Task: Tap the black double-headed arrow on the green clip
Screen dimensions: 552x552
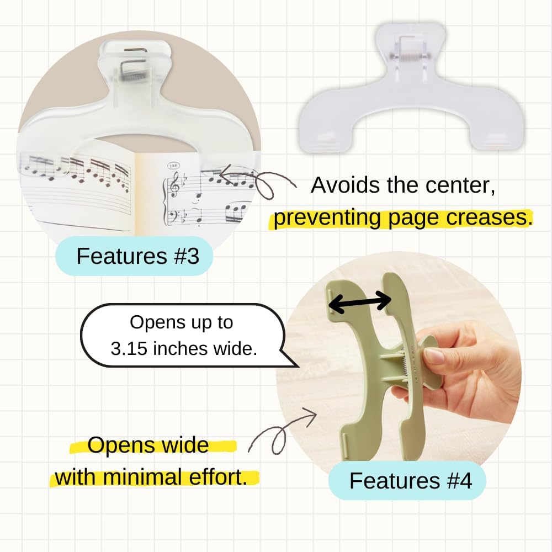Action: pos(360,302)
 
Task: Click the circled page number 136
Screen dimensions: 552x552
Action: pos(173,165)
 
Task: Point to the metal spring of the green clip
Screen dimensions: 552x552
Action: pos(405,364)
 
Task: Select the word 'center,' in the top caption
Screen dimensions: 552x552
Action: pos(460,185)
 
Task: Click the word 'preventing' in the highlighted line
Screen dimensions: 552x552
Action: pos(327,218)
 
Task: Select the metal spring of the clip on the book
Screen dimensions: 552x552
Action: pos(134,75)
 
